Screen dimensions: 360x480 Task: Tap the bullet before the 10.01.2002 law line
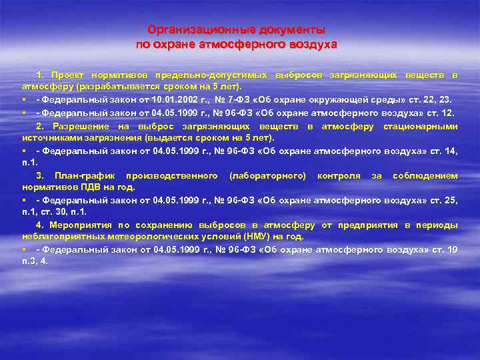[25, 99]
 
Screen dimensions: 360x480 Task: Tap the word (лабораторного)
[267, 176]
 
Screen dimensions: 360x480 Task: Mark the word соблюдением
[425, 176]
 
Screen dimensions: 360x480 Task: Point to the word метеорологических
[144, 237]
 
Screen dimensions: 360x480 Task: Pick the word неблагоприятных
[59, 237]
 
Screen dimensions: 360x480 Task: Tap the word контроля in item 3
[339, 176]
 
